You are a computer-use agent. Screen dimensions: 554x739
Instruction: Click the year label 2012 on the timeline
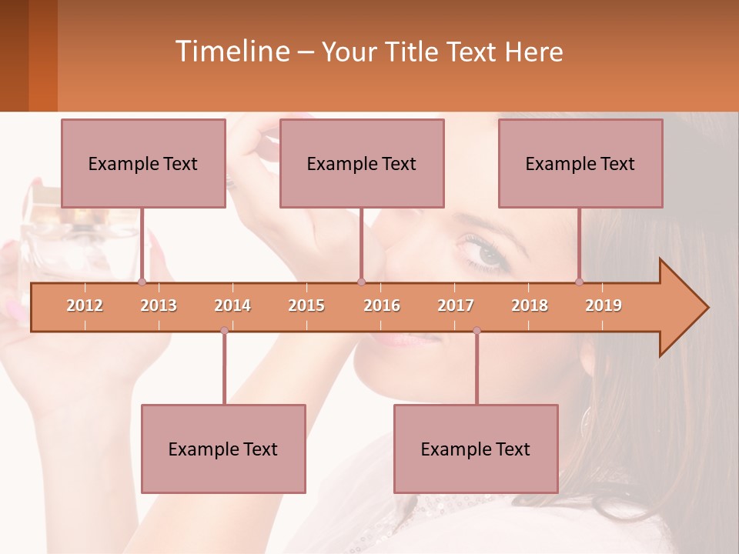tap(85, 305)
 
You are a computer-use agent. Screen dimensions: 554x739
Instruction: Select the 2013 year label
tap(159, 305)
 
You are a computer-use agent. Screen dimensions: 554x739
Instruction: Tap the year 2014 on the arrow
tap(232, 305)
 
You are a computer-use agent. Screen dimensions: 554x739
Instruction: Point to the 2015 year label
tap(306, 305)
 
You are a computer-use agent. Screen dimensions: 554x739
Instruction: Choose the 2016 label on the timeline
tap(382, 305)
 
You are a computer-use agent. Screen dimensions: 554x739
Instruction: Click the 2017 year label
tap(456, 305)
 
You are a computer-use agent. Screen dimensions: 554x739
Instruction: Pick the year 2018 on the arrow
tap(530, 305)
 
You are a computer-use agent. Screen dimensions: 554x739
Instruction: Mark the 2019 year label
tap(604, 305)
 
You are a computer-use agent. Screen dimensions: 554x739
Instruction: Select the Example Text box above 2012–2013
tap(143, 163)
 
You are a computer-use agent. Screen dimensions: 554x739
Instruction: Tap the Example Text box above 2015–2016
tap(362, 163)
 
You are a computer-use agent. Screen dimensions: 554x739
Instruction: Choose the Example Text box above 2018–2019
tap(580, 163)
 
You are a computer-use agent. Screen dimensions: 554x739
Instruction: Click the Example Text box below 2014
tap(223, 449)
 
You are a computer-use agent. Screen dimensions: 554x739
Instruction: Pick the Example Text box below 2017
tap(476, 449)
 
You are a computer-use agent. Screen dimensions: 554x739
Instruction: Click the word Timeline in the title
tap(231, 52)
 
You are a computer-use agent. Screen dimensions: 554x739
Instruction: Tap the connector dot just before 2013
tap(142, 282)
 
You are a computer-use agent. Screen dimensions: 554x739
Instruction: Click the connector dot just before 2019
tap(579, 282)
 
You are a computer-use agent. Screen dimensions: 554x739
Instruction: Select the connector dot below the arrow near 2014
tap(224, 330)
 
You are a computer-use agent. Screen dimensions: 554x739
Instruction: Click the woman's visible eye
tap(485, 252)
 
